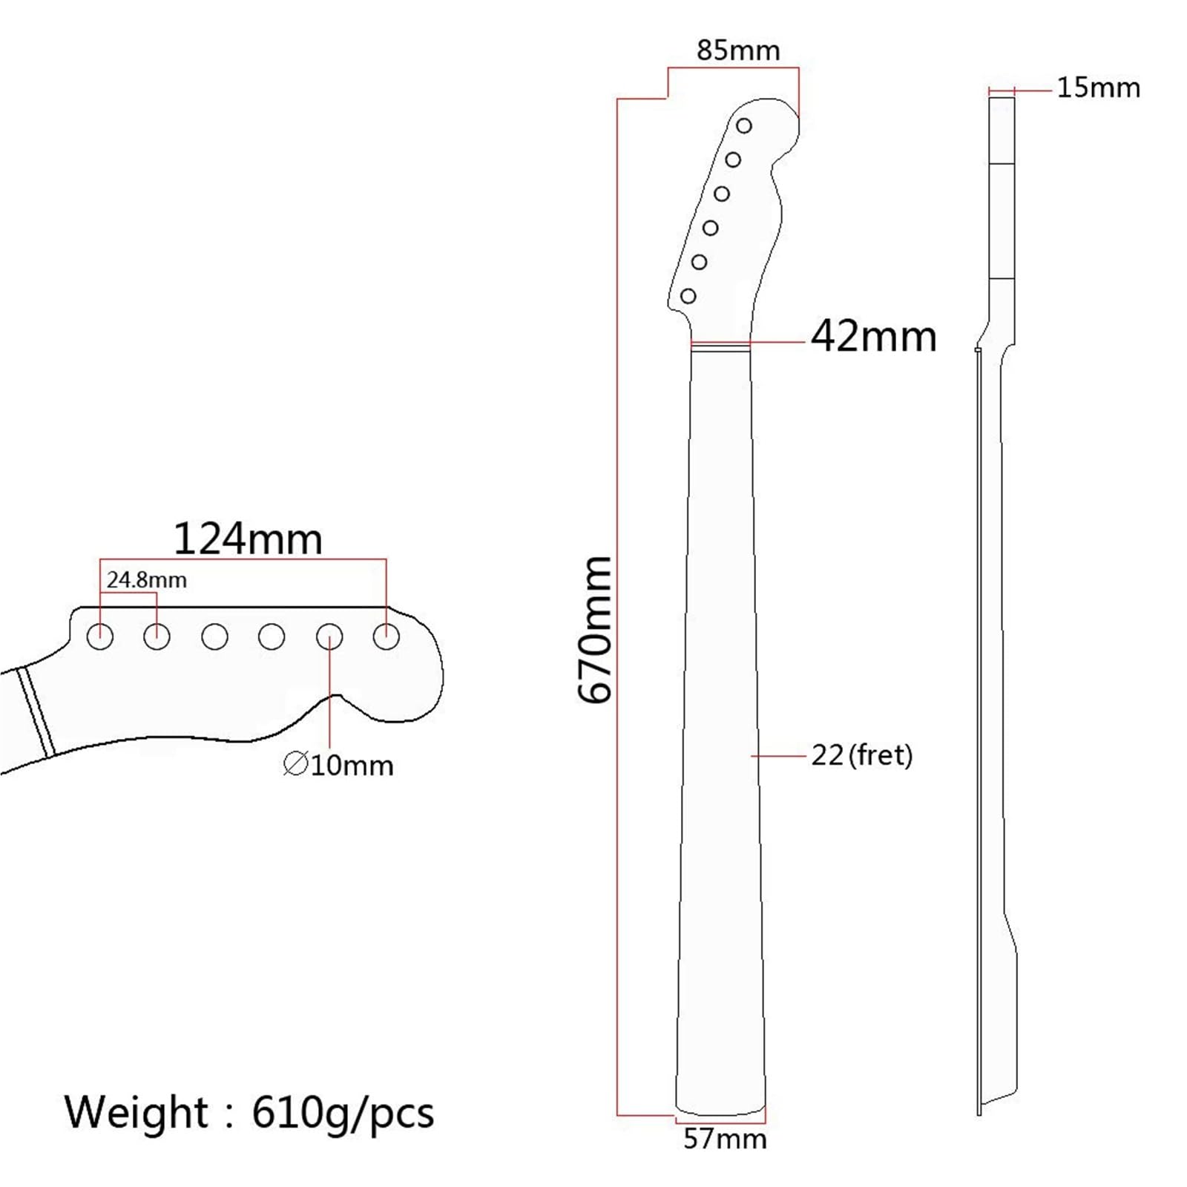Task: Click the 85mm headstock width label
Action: point(738,50)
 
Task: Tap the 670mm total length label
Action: point(595,629)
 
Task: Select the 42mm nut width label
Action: point(873,337)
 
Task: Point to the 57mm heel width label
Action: point(725,1139)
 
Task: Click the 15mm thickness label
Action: point(1098,88)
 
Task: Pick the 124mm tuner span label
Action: point(248,539)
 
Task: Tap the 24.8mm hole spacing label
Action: point(147,579)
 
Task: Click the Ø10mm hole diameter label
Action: point(339,765)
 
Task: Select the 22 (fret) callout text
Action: point(861,755)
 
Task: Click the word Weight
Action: point(137,1112)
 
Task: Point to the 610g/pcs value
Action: point(343,1112)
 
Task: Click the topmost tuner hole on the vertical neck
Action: point(744,126)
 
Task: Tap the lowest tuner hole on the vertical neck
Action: point(688,297)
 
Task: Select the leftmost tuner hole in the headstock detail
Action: point(100,637)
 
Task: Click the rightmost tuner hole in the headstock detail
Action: point(387,637)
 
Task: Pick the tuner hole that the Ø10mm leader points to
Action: point(329,637)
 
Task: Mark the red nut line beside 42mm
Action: point(720,343)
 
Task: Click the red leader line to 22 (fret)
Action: point(779,755)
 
